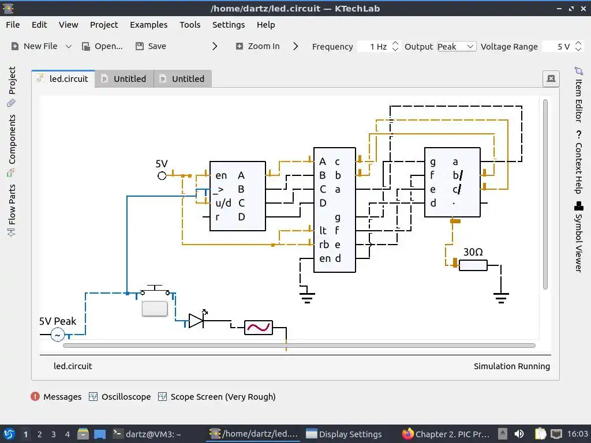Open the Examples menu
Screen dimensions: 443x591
[148, 25]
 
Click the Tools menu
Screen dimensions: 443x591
[190, 25]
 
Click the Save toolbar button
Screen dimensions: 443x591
[151, 46]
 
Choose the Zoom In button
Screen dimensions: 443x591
[257, 46]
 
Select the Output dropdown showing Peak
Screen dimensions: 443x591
[456, 46]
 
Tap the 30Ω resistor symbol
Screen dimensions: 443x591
[473, 265]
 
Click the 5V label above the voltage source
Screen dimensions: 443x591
[162, 164]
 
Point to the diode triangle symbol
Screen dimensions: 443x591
[196, 321]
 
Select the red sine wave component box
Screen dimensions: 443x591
[258, 328]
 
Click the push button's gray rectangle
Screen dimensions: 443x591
[155, 309]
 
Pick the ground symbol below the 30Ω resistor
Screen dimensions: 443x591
[501, 298]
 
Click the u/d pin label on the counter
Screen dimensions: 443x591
[223, 203]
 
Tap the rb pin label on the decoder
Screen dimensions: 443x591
[324, 245]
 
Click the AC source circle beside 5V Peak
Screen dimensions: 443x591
[57, 335]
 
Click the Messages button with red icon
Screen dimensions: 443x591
[56, 397]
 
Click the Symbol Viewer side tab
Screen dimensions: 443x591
[578, 236]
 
